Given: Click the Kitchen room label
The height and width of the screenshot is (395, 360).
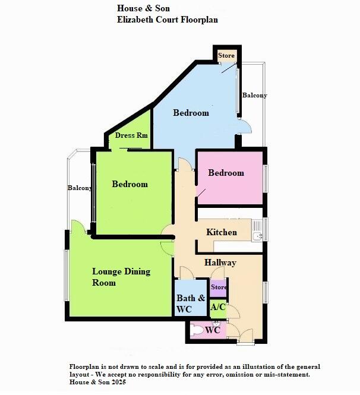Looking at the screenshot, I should (222, 232).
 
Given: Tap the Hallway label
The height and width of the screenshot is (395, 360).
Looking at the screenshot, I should (220, 263).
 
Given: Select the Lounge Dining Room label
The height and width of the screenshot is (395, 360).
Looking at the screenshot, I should (121, 277).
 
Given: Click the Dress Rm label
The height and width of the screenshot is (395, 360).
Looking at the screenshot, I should (131, 135).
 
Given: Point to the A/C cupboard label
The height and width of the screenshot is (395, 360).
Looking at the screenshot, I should (218, 307).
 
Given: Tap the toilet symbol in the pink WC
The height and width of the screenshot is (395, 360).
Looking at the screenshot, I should (195, 328).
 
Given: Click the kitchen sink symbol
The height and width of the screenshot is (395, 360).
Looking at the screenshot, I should (257, 236).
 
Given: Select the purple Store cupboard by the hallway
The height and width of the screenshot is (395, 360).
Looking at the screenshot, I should (219, 288).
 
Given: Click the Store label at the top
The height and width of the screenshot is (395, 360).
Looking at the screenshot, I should (226, 56).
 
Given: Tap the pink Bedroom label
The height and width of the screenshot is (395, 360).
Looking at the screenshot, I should (226, 173).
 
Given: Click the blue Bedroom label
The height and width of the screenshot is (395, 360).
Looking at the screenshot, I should (191, 113).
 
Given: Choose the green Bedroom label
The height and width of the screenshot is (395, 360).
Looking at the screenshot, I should (130, 184).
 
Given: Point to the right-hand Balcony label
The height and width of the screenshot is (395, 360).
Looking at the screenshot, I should (254, 95).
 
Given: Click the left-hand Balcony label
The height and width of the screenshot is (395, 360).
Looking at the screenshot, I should (80, 188).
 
